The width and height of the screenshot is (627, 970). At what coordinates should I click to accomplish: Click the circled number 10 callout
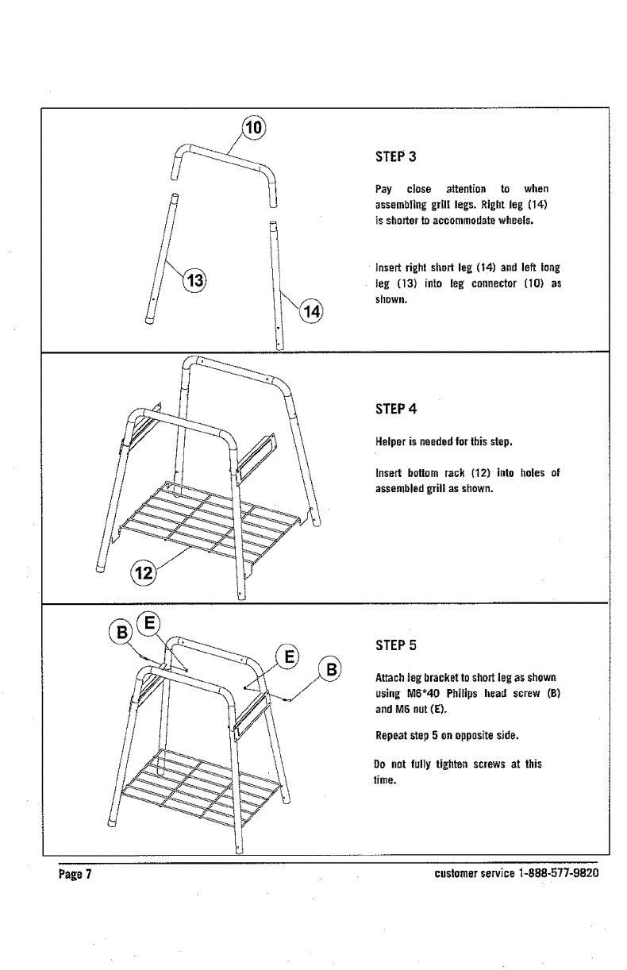point(256,129)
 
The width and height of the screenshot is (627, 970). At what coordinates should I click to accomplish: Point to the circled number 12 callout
point(143,572)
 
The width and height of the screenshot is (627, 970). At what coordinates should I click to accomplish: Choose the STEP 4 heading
point(395,410)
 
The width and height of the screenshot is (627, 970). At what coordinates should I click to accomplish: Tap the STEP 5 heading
point(395,646)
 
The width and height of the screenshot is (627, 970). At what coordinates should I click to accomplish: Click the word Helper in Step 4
point(390,441)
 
